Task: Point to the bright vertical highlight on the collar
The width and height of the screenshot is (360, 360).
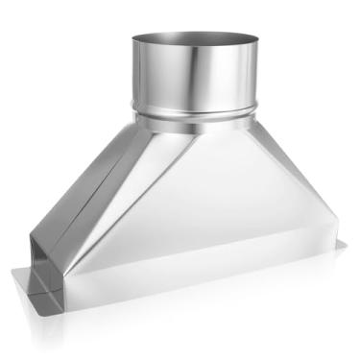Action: (206, 77)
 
